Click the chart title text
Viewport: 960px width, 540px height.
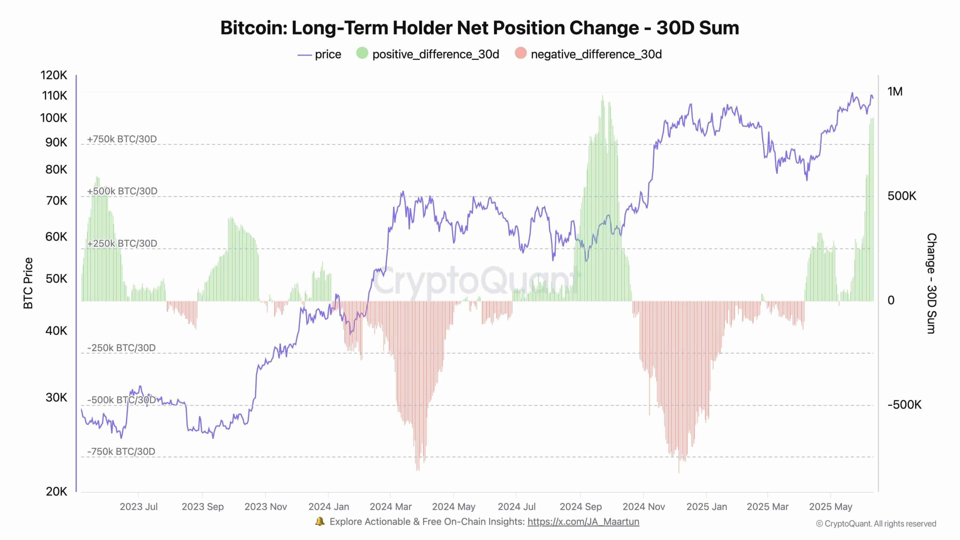(480, 28)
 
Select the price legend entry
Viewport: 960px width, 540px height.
(319, 54)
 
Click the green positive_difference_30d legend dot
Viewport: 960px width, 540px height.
(362, 53)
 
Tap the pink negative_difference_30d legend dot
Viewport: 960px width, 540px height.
(520, 53)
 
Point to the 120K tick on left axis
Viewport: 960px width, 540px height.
(54, 75)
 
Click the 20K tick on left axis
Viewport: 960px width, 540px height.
(56, 492)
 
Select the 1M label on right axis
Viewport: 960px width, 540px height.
(895, 91)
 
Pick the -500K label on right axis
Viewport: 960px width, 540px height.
(904, 405)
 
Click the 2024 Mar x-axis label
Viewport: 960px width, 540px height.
(390, 507)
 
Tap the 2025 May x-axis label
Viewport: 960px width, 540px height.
(830, 507)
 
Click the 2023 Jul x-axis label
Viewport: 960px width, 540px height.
(138, 507)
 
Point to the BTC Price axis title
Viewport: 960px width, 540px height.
(28, 283)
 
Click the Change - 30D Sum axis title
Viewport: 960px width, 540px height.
(931, 283)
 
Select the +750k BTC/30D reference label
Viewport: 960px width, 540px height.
(122, 139)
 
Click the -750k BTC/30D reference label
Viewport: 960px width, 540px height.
(121, 451)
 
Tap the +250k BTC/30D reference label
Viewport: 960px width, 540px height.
(122, 243)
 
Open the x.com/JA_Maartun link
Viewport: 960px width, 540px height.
(583, 522)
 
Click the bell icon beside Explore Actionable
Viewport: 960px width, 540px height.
(319, 521)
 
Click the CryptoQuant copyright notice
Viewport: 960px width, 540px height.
(876, 523)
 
